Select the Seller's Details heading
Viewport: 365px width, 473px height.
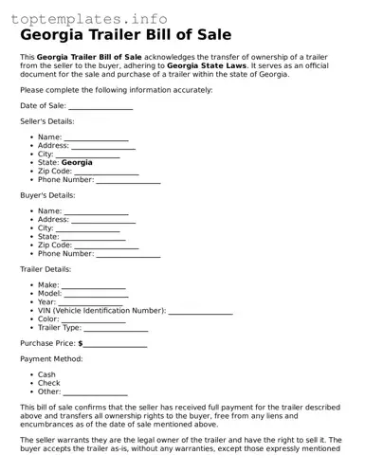pyautogui.click(x=46, y=121)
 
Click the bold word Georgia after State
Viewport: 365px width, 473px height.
pyautogui.click(x=77, y=162)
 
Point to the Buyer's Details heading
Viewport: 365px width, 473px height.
pyautogui.click(x=46, y=194)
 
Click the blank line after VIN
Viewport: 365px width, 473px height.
pyautogui.click(x=200, y=310)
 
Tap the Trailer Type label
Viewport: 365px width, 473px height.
pyautogui.click(x=59, y=327)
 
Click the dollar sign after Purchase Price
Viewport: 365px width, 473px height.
pyautogui.click(x=81, y=343)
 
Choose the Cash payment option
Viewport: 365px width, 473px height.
pyautogui.click(x=46, y=374)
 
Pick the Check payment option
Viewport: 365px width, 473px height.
pyautogui.click(x=48, y=383)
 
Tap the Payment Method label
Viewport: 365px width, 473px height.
pyautogui.click(x=51, y=359)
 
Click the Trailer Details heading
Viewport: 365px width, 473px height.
pyautogui.click(x=45, y=269)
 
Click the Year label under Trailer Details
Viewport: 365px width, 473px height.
pyautogui.click(x=46, y=301)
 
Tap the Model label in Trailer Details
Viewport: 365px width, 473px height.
pyautogui.click(x=49, y=293)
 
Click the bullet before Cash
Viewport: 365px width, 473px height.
pyautogui.click(x=31, y=374)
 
